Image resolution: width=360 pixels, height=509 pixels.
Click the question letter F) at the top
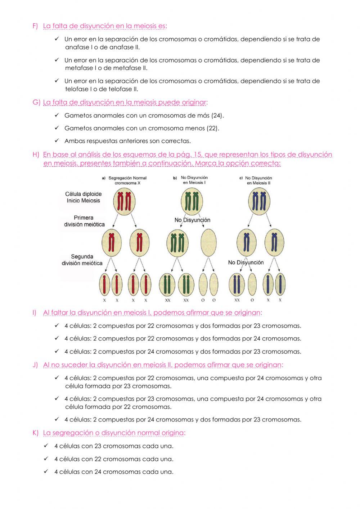[35, 26]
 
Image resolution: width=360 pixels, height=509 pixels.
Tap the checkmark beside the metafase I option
[57, 60]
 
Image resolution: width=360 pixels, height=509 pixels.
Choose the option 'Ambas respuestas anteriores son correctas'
[127, 141]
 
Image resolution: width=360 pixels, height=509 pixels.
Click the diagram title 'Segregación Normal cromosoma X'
[127, 180]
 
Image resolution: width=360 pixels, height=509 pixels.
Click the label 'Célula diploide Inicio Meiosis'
[83, 197]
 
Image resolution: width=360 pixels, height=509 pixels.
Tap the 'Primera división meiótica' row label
[84, 221]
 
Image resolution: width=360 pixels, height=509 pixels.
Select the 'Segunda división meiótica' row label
[82, 260]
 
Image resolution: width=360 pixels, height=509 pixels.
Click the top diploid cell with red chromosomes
[124, 201]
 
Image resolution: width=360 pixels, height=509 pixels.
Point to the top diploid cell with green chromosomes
[191, 201]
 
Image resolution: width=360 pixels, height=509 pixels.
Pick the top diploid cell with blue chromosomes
[259, 201]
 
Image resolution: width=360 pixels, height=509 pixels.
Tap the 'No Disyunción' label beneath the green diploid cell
[192, 220]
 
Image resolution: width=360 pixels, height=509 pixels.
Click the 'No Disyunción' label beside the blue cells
[246, 263]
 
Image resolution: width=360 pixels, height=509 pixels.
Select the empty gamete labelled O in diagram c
[252, 284]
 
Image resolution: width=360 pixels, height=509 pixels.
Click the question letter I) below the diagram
[35, 313]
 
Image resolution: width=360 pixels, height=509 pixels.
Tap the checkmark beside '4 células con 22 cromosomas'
[46, 459]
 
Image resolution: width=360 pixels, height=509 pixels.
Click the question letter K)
[35, 433]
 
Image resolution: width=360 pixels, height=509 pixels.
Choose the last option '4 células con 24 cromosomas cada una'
[114, 472]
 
